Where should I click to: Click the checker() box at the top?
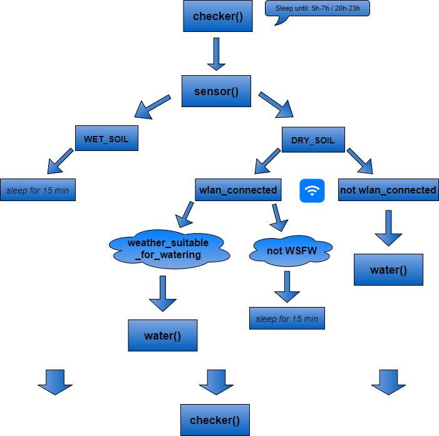217,16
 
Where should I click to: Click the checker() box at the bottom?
215,420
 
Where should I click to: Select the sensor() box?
216,91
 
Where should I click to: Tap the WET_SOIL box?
106,138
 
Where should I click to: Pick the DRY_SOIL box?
312,140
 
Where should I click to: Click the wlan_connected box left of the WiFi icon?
237,190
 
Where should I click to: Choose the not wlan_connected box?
388,190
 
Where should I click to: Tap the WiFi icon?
312,190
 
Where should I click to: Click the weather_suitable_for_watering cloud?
168,249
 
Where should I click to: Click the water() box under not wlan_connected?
388,270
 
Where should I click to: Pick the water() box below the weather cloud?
162,336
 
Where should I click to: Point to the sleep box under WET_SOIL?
38,190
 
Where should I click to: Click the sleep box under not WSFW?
287,318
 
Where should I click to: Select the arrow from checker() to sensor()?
216,54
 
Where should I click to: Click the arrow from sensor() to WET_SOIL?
152,107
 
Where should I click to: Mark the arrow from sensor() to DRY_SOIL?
276,105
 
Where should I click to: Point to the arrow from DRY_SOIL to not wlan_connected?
360,160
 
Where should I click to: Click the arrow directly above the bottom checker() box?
216,381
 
